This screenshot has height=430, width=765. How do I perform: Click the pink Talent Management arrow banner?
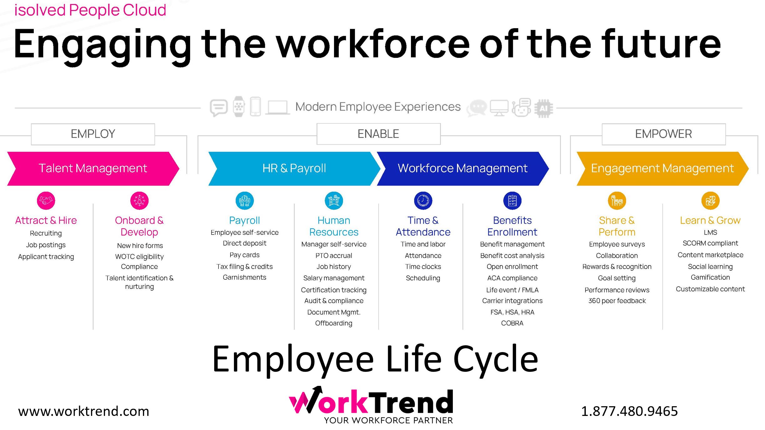pos(93,168)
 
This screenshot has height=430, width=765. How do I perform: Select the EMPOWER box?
pos(663,134)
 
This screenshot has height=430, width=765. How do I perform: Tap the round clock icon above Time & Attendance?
pos(423,200)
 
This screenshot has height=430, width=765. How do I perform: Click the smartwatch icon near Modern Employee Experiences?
pos(239,107)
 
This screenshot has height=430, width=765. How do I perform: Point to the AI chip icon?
pos(544,109)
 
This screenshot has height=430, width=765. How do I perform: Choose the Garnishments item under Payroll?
pos(244,277)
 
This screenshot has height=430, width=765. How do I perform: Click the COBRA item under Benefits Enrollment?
pos(512,323)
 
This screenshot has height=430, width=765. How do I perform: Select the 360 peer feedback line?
pos(617,301)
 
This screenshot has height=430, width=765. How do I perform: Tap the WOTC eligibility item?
pos(139,257)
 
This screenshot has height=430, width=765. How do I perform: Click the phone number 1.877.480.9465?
pos(629,411)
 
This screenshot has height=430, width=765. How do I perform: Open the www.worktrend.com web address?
pos(84,411)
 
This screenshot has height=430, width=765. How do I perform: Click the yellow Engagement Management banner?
pos(662,168)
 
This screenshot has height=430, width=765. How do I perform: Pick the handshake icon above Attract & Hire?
pos(46,200)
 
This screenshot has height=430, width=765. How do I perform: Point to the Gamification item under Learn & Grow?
pos(710,277)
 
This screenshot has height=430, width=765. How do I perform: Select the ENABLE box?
pos(378,134)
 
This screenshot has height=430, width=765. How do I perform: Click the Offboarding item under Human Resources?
pos(333,323)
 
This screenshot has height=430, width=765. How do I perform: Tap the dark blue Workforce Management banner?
pos(463,168)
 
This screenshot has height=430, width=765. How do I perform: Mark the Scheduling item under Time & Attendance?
pos(423,278)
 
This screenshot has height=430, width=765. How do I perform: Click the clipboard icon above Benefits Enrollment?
pos(512,200)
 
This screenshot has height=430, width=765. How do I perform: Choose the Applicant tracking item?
pos(46,257)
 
